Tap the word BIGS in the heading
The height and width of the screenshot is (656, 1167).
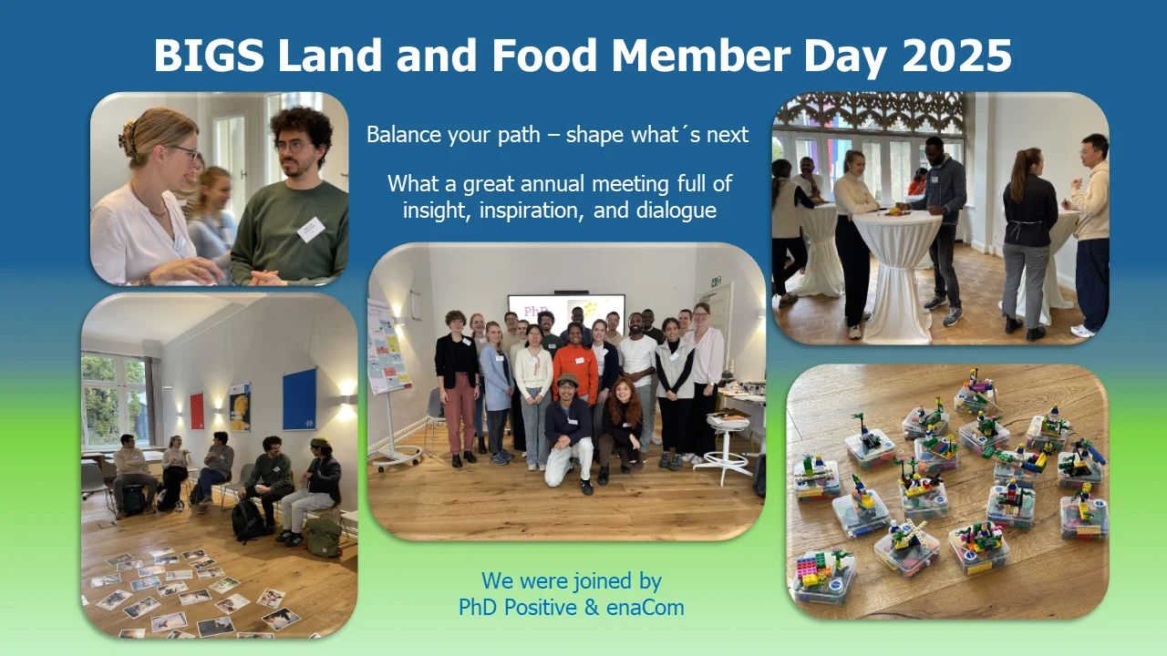pos(208,56)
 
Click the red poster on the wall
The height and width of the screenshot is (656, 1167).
pos(196,411)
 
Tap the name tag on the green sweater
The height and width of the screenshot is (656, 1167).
pos(310,229)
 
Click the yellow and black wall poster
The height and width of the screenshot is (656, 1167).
pos(240,406)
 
